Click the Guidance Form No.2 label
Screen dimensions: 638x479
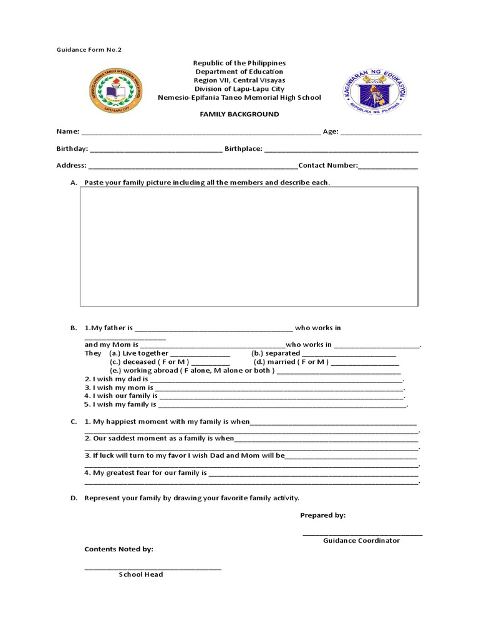(85, 49)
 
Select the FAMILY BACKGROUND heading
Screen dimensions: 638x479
(239, 115)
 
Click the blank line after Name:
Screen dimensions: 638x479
(200, 133)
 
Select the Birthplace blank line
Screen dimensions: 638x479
(341, 150)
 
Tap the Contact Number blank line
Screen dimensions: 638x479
(388, 166)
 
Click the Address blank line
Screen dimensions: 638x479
(193, 166)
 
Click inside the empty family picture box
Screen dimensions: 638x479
(249, 247)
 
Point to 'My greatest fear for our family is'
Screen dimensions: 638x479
(145, 473)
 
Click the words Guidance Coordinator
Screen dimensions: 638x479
(361, 540)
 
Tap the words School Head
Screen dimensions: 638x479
(141, 574)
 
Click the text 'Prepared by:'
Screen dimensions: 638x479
(322, 515)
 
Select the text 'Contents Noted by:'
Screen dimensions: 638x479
(119, 549)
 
